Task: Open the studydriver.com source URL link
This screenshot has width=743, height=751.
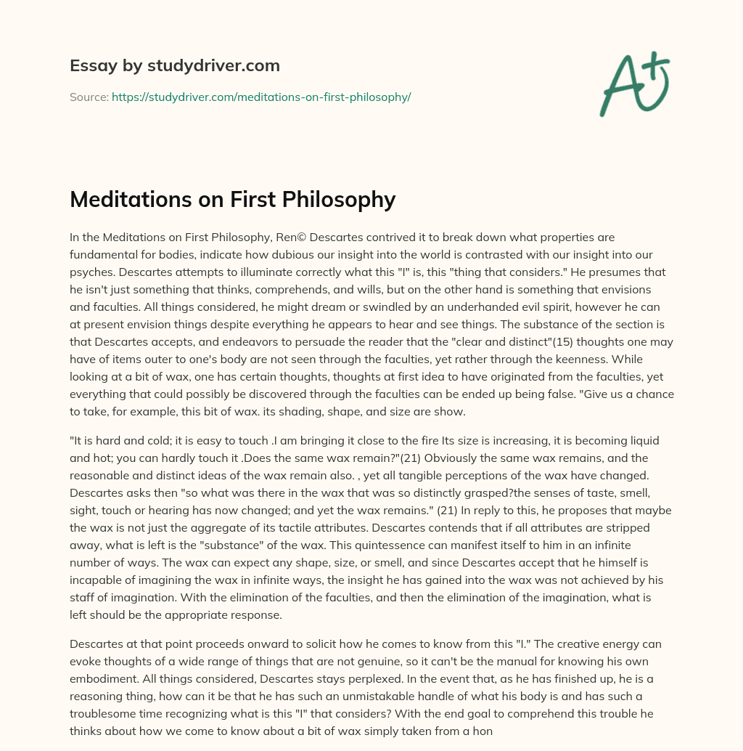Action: (x=261, y=97)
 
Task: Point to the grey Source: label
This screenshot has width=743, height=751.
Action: (x=89, y=97)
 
